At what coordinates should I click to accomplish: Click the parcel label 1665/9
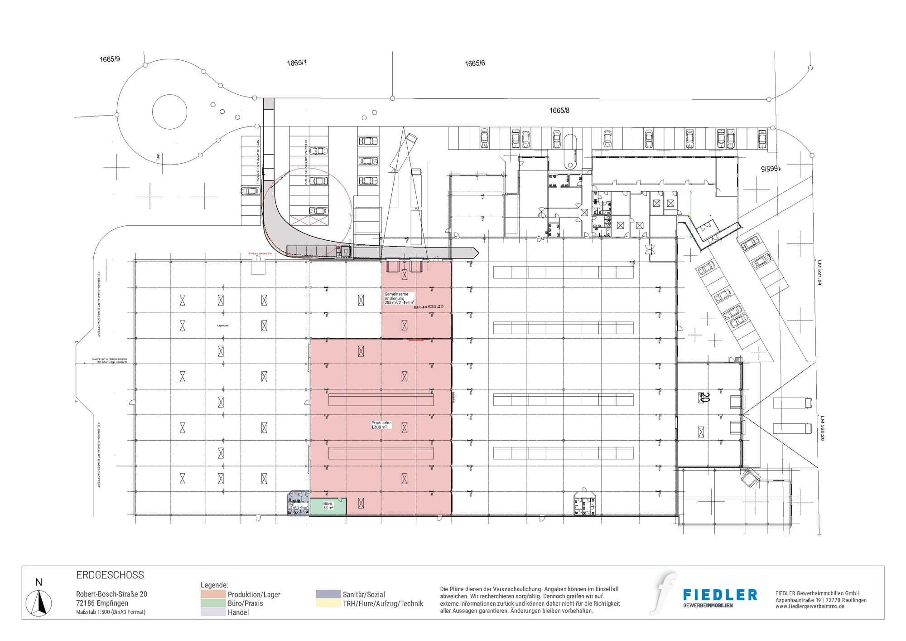coord(110,59)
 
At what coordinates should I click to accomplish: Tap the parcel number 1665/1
coord(297,63)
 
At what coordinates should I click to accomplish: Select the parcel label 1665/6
coord(475,63)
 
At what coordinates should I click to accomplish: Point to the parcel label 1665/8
coord(559,111)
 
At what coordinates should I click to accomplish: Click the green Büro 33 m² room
coord(328,506)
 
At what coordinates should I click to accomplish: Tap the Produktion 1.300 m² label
coord(381,425)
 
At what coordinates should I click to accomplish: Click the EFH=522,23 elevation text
coord(428,307)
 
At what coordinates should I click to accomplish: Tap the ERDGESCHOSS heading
coord(110,575)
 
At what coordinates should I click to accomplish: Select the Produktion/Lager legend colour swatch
coord(213,594)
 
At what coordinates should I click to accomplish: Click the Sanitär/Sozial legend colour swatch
coord(328,594)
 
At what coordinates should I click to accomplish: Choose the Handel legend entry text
coord(238,612)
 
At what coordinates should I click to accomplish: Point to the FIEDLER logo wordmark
coord(720,595)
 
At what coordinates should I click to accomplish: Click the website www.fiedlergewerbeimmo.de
coord(810,607)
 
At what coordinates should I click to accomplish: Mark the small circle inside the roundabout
coord(169,112)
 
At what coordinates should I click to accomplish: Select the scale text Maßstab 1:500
coord(111,612)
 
